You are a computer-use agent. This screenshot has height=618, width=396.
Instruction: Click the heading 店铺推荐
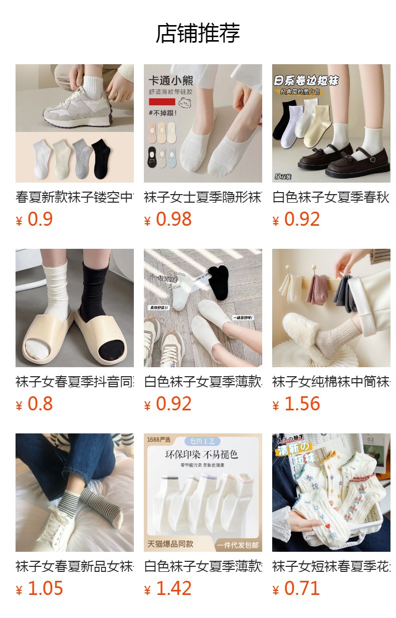[x=198, y=33]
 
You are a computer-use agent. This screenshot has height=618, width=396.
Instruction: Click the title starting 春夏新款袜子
[x=75, y=197]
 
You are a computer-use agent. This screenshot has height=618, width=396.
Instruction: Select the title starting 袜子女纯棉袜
[x=331, y=382]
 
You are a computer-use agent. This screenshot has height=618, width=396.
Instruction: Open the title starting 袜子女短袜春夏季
[x=331, y=566]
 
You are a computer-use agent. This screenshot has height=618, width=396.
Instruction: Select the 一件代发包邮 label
[x=238, y=545]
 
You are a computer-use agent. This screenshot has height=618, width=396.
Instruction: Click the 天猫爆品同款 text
[x=170, y=544]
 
